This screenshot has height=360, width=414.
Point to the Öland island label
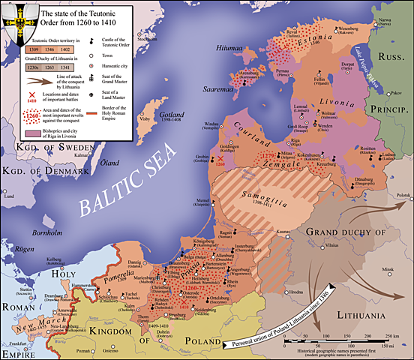coord(111,163)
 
